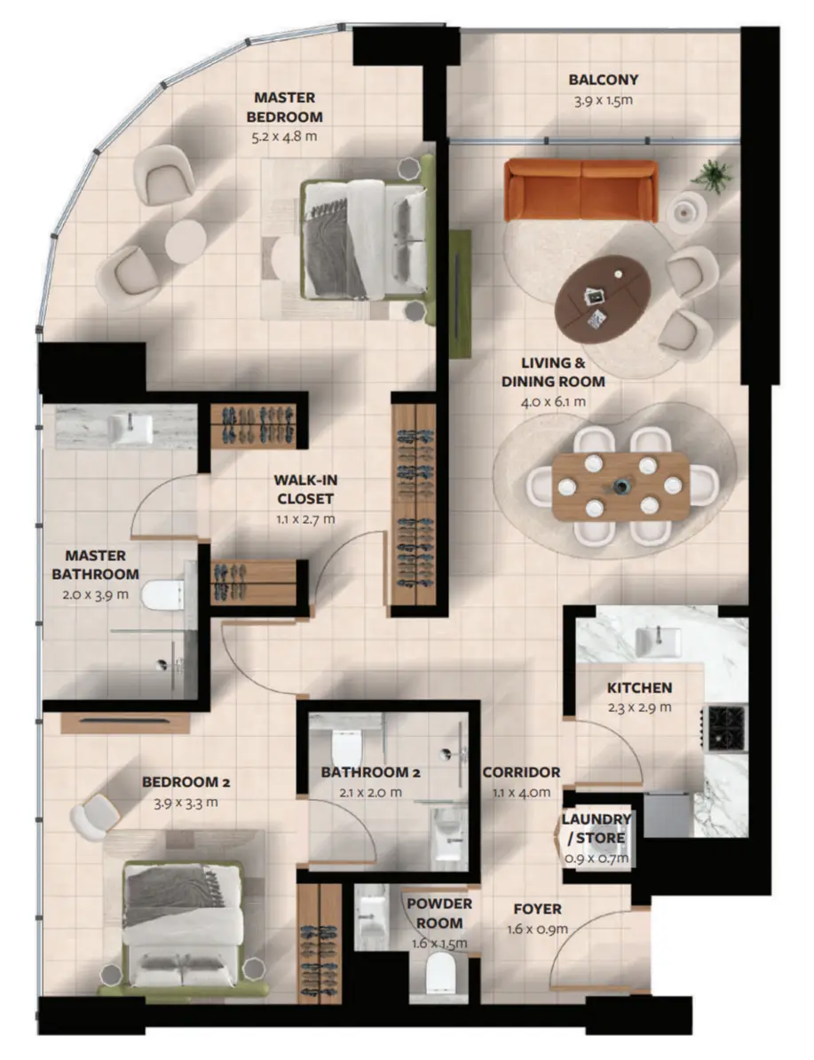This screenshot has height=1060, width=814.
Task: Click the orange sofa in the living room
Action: click(581, 190)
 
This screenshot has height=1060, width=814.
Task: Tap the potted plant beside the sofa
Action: click(712, 177)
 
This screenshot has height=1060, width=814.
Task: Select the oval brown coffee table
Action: click(603, 295)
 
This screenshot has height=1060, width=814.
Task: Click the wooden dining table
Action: click(621, 486)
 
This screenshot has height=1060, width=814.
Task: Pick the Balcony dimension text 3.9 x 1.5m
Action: click(603, 100)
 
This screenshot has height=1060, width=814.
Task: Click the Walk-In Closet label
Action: click(304, 489)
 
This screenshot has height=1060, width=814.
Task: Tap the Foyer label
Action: click(537, 909)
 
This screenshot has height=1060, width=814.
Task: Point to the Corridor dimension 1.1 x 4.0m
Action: click(521, 792)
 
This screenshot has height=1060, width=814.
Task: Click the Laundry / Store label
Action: click(596, 829)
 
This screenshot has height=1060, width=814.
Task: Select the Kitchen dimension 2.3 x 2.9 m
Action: click(639, 708)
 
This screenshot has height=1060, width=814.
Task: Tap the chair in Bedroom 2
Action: click(95, 817)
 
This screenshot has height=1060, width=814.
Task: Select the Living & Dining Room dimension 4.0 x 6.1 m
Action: click(553, 402)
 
